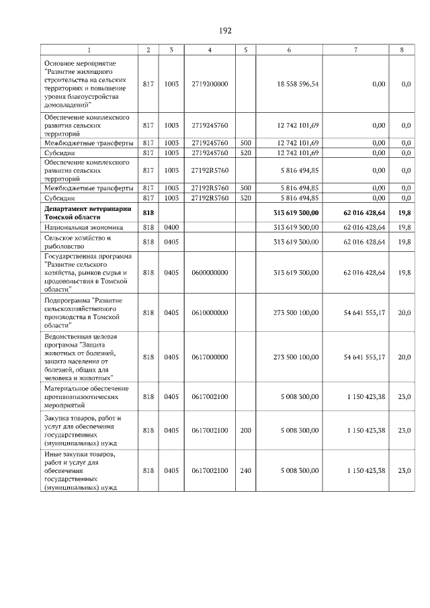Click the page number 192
(x=225, y=31)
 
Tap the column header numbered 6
(x=289, y=50)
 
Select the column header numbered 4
(x=210, y=50)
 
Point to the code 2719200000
(x=210, y=84)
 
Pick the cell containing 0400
(x=171, y=228)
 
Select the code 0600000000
(x=210, y=272)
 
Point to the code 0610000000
(x=210, y=312)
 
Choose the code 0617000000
(x=210, y=357)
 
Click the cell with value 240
(x=245, y=471)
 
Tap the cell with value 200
(x=245, y=431)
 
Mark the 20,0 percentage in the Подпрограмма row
(x=404, y=312)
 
